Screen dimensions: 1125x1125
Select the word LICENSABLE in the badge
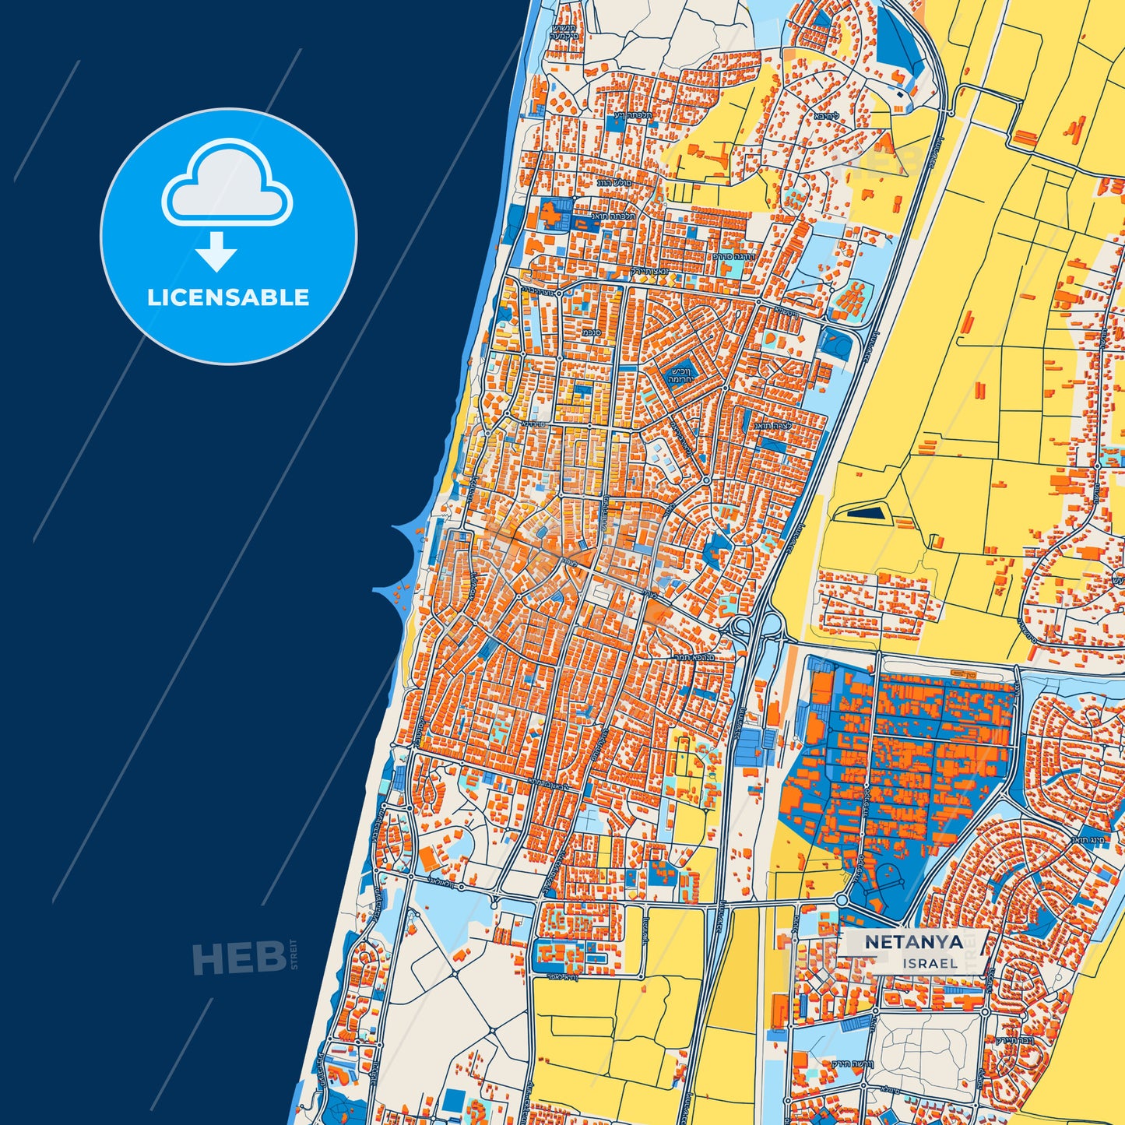pyautogui.click(x=228, y=297)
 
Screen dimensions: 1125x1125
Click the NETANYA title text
pyautogui.click(x=914, y=941)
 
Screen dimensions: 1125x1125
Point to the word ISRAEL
pyautogui.click(x=930, y=963)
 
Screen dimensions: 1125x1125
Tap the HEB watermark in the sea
pyautogui.click(x=238, y=958)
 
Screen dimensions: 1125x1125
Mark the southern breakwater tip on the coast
pyautogui.click(x=376, y=590)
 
